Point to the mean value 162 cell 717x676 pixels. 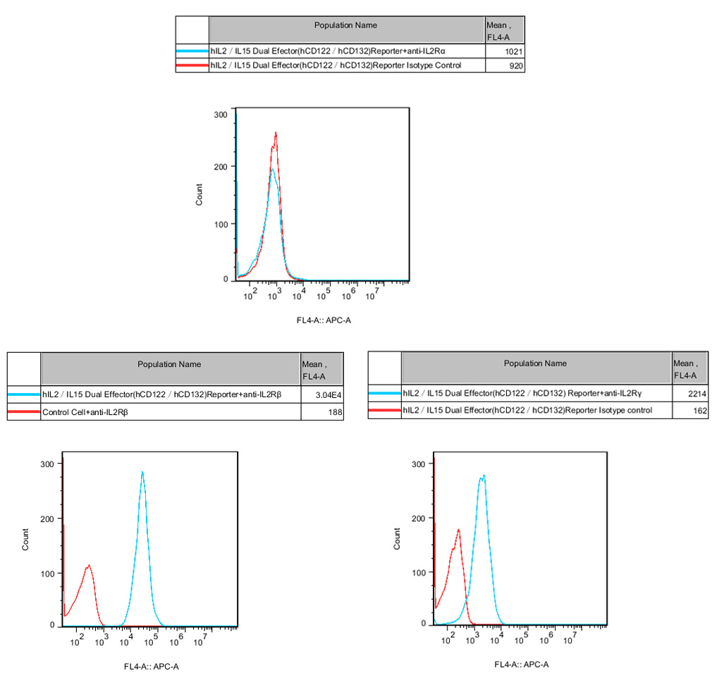tap(699, 410)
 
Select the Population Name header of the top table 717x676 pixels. tap(345, 25)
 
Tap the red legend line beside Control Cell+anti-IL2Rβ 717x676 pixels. tap(24, 411)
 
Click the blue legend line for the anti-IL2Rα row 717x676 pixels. tap(192, 52)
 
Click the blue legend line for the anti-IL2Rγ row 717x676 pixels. tap(384, 394)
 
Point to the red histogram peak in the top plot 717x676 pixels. tap(276, 133)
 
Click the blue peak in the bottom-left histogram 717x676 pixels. tap(142, 473)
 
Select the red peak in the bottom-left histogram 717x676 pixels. tap(89, 565)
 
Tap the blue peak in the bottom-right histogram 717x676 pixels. tap(483, 476)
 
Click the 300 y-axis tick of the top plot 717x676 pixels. tap(221, 114)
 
